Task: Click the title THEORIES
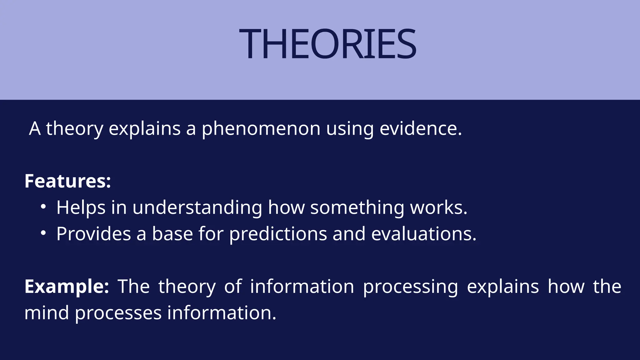(327, 44)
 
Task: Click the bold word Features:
(67, 181)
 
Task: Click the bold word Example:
(67, 286)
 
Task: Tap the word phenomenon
(261, 129)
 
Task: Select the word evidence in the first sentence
(420, 128)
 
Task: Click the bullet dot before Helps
(43, 207)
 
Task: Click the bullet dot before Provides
(43, 233)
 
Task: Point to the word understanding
(197, 207)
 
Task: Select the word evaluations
(423, 234)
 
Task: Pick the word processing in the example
(410, 287)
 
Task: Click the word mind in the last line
(47, 313)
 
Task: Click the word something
(357, 207)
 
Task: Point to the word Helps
(81, 207)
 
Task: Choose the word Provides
(93, 234)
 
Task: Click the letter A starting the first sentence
(35, 128)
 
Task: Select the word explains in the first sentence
(144, 129)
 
